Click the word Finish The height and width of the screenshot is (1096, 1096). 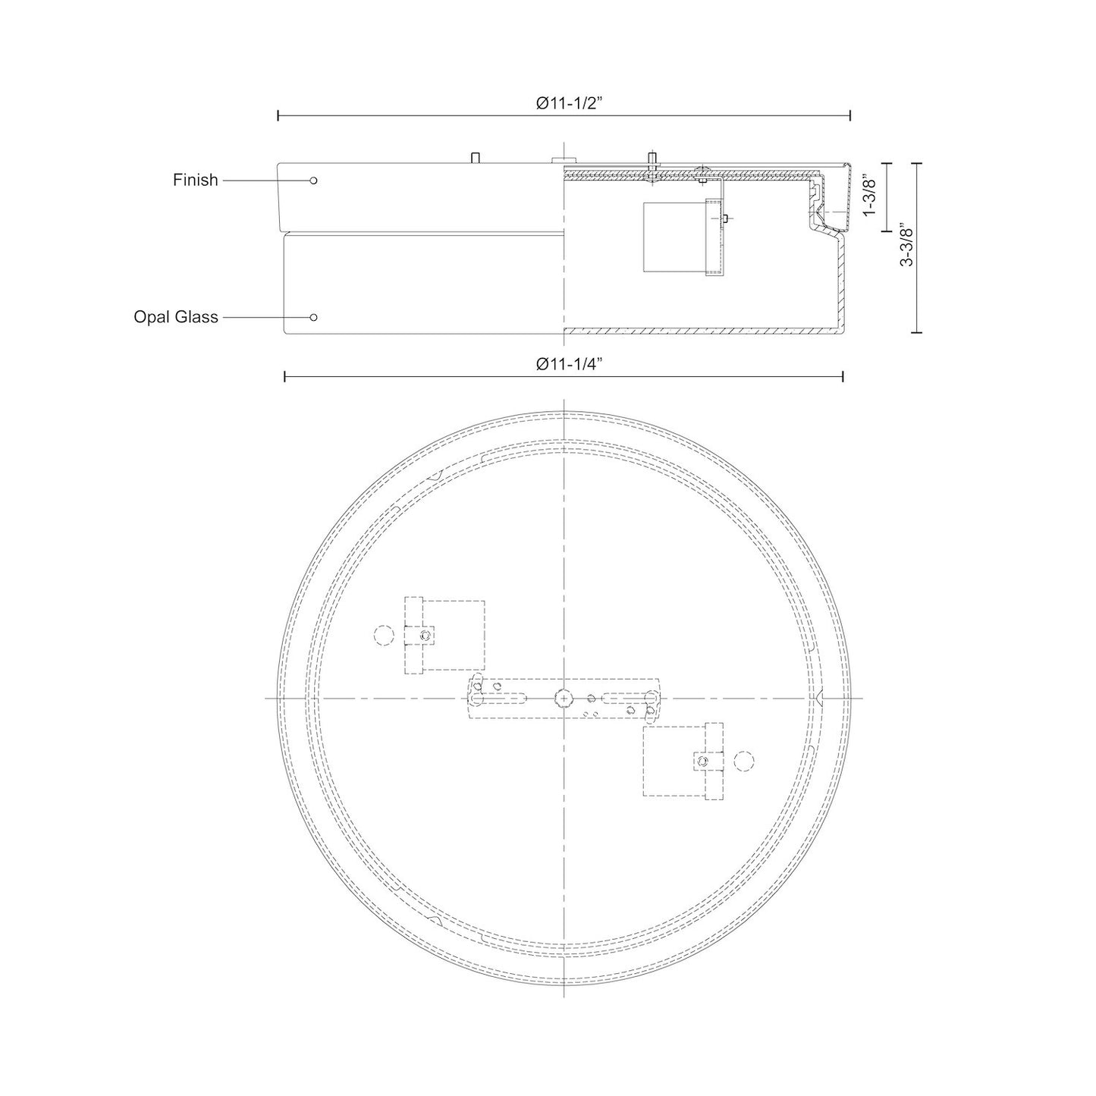pos(195,181)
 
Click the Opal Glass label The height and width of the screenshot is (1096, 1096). pos(176,317)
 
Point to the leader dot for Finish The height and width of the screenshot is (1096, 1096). pos(313,181)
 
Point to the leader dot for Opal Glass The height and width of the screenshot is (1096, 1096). pos(313,317)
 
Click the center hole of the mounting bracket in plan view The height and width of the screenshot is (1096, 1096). pos(564,696)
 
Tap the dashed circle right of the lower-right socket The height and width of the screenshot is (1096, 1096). pos(745,760)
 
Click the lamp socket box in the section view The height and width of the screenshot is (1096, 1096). pos(674,237)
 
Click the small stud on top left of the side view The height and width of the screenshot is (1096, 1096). pos(475,157)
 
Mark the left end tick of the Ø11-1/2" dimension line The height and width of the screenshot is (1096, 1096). pos(278,115)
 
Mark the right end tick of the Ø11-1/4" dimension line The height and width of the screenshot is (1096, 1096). pos(843,376)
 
